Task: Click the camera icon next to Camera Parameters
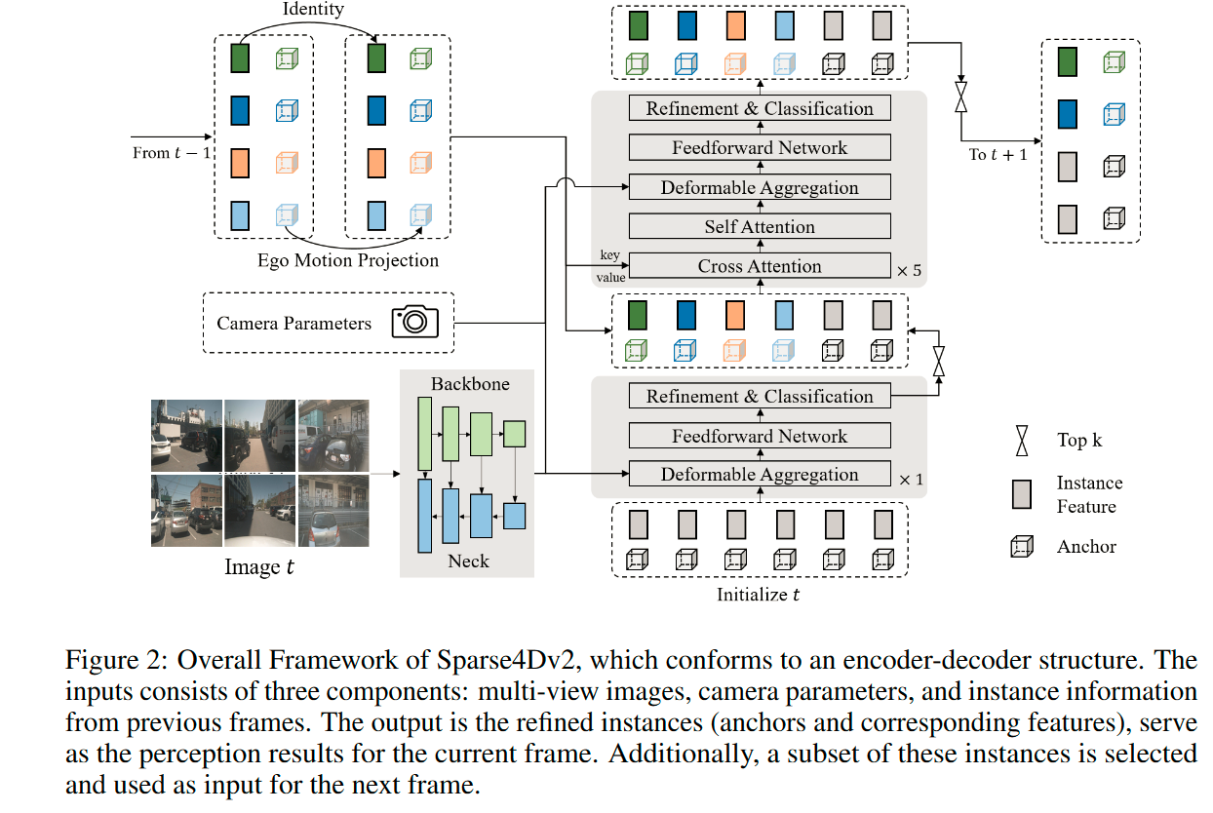pyautogui.click(x=414, y=322)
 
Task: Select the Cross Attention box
pyautogui.click(x=760, y=266)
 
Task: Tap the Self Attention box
pyautogui.click(x=760, y=227)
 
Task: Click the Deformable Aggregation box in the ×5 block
pyautogui.click(x=760, y=187)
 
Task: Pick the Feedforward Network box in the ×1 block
pyautogui.click(x=760, y=436)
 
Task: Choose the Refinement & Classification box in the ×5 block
pyautogui.click(x=760, y=108)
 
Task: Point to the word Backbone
pyautogui.click(x=470, y=384)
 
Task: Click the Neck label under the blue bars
pyautogui.click(x=468, y=561)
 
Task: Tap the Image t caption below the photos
pyautogui.click(x=259, y=567)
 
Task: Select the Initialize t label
pyautogui.click(x=759, y=595)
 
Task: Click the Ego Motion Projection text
pyautogui.click(x=348, y=260)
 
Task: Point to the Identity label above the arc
pyautogui.click(x=313, y=10)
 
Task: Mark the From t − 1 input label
pyautogui.click(x=172, y=153)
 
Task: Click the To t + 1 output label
pyautogui.click(x=998, y=154)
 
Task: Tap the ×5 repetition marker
pyautogui.click(x=909, y=270)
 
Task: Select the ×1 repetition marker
pyautogui.click(x=909, y=479)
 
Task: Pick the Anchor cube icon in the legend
pyautogui.click(x=1021, y=547)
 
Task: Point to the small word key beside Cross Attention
pyautogui.click(x=608, y=255)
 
